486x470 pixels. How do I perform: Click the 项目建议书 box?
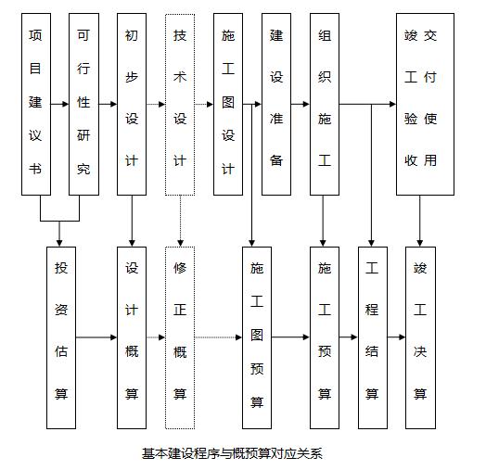(36, 104)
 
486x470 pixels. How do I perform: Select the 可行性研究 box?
(83, 104)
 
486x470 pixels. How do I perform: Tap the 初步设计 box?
(132, 104)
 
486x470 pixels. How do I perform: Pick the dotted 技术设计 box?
(180, 104)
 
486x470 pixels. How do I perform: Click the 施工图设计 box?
(228, 104)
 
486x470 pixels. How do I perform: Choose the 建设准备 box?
(276, 104)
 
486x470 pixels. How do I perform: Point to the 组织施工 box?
(325, 104)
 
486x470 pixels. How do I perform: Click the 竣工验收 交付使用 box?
(425, 104)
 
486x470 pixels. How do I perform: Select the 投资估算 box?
(61, 337)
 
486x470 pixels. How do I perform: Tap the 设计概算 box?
(132, 337)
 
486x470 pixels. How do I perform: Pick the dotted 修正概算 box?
(180, 337)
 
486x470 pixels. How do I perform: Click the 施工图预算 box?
(257, 337)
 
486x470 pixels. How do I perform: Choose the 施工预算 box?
(325, 337)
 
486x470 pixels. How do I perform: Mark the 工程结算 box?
(373, 337)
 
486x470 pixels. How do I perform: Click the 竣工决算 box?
(420, 337)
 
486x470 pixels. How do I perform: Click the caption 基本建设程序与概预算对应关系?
(232, 453)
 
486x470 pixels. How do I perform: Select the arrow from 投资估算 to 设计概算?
(96, 337)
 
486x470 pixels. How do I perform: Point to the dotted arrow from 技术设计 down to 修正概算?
(180, 222)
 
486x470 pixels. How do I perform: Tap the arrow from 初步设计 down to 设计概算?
(132, 222)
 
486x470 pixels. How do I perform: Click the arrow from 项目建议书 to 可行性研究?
(59, 104)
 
